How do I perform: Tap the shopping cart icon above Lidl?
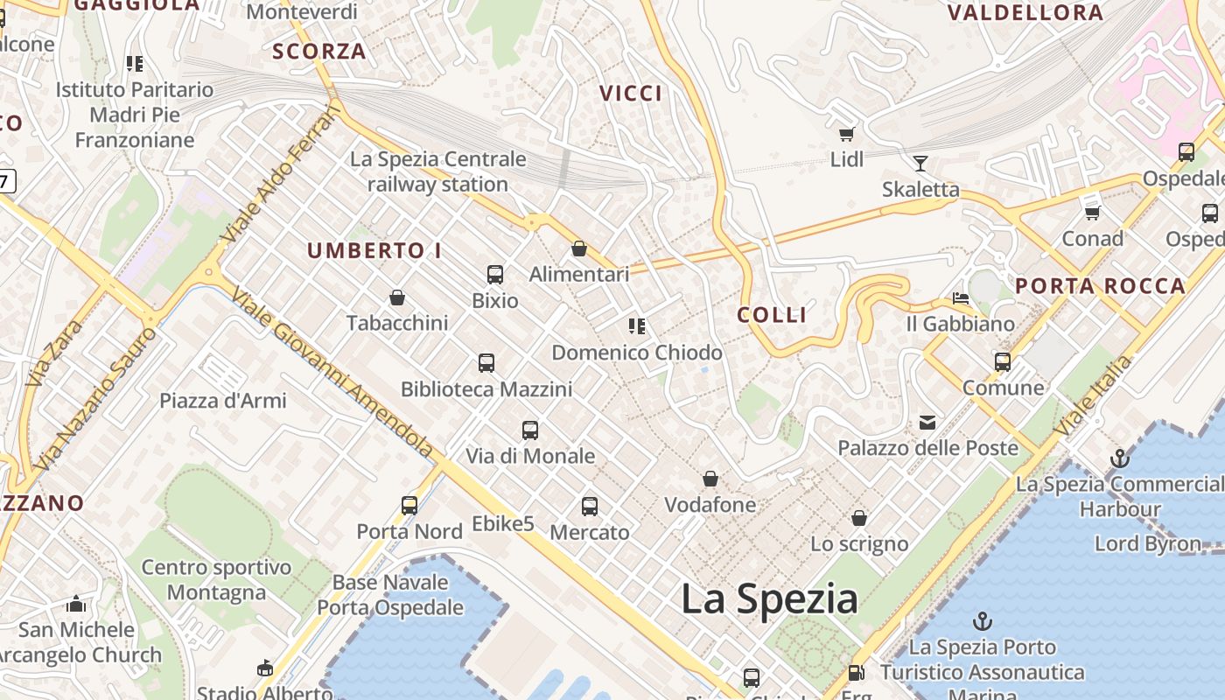point(846,134)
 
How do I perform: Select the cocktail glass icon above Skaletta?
point(920,163)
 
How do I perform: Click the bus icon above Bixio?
point(495,275)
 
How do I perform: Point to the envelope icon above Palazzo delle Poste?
point(927,423)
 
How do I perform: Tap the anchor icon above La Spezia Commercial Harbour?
point(1119,458)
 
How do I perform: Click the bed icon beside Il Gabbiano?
point(961,297)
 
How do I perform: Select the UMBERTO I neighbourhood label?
point(374,251)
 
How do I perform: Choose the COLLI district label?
point(772,315)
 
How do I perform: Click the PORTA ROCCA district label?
point(1100,286)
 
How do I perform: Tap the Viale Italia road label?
point(1093,395)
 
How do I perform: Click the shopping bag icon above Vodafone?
point(710,479)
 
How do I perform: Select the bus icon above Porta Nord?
point(409,505)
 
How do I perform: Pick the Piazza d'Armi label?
point(222,401)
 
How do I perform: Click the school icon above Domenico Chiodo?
point(637,326)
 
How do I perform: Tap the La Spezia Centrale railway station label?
point(437,171)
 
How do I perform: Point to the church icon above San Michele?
point(76,604)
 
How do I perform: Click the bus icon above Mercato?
point(590,506)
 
